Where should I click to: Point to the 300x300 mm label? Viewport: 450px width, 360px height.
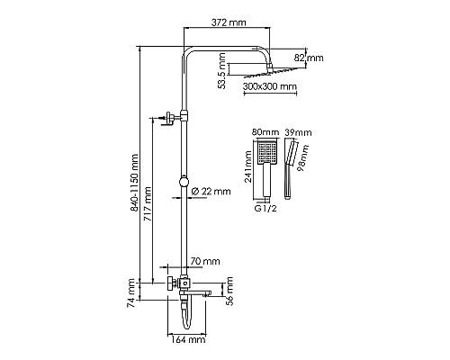(x=269, y=87)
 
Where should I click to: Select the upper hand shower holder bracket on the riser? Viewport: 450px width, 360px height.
(x=168, y=117)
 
